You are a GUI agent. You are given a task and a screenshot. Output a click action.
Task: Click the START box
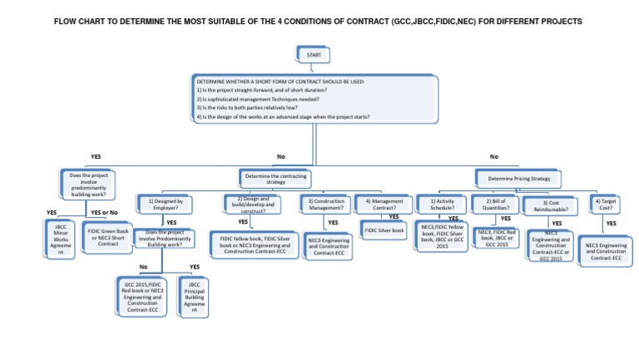click(313, 55)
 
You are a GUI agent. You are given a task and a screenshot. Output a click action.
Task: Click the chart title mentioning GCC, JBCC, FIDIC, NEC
click(319, 20)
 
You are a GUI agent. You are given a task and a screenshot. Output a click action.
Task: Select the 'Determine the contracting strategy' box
click(275, 177)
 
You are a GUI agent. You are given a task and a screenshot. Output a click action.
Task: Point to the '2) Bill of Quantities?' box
click(493, 205)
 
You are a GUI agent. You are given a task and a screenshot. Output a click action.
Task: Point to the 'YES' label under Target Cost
click(611, 224)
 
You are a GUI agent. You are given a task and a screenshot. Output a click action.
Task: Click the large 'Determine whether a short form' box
click(315, 100)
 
